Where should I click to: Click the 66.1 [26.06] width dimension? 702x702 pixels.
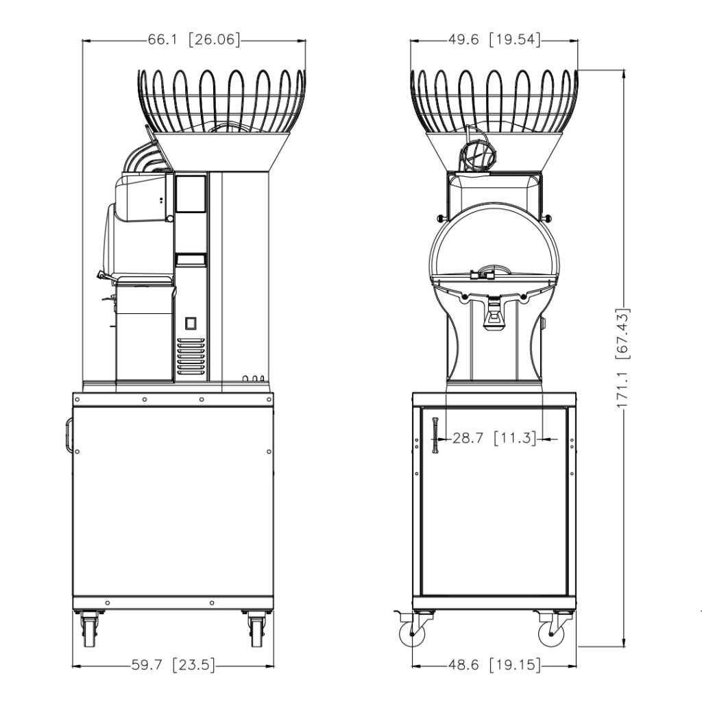[x=194, y=40]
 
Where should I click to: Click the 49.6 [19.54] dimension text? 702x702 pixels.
[x=494, y=40]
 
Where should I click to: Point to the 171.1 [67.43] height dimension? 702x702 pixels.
[x=623, y=358]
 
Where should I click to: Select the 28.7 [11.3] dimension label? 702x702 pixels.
[x=494, y=438]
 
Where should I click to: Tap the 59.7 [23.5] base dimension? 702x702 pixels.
[x=173, y=665]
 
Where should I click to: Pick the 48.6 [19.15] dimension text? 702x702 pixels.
[x=494, y=665]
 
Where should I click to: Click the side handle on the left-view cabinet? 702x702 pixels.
[x=69, y=435]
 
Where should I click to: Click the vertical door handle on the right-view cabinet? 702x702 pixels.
[x=435, y=435]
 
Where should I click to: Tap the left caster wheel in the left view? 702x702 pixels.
[x=88, y=631]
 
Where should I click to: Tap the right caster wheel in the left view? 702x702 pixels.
[x=257, y=631]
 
